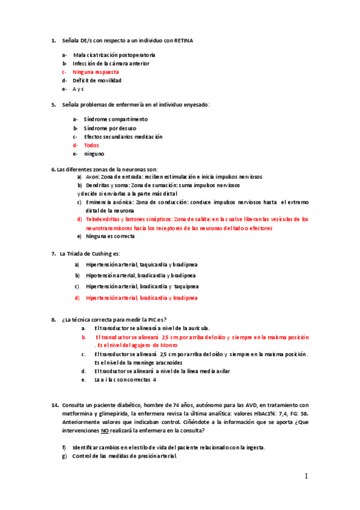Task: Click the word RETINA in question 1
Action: pyautogui.click(x=184, y=40)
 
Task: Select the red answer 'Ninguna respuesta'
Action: pyautogui.click(x=96, y=72)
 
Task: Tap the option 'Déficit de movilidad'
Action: pyautogui.click(x=97, y=80)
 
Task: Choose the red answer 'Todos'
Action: pyautogui.click(x=91, y=145)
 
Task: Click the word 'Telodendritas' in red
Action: pyautogui.click(x=103, y=220)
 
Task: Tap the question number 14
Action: pyautogui.click(x=55, y=405)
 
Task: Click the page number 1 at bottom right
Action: pyautogui.click(x=306, y=476)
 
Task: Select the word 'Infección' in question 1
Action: pyautogui.click(x=84, y=63)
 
